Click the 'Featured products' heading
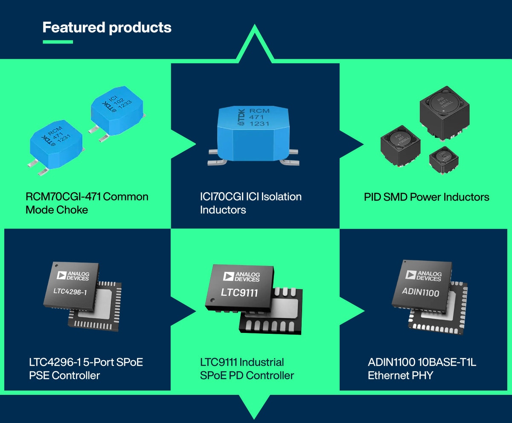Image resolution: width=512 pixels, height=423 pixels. (x=107, y=28)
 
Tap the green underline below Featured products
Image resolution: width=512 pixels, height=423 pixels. (x=58, y=42)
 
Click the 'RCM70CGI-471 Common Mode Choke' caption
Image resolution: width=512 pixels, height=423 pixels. (x=87, y=203)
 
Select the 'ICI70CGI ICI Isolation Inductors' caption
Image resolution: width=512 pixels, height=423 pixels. (x=250, y=203)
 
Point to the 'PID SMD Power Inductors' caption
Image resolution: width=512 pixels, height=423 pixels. (x=426, y=197)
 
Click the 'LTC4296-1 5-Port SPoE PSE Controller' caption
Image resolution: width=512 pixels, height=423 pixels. (x=84, y=369)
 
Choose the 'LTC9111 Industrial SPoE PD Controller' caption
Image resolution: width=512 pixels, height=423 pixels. (x=247, y=369)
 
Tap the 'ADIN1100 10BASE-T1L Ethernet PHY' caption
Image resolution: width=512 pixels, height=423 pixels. (x=422, y=369)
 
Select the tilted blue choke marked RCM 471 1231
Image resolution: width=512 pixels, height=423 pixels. (x=57, y=145)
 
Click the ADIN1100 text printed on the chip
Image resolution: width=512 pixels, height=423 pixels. (x=420, y=293)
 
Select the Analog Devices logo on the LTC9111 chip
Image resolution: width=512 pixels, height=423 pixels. (x=241, y=276)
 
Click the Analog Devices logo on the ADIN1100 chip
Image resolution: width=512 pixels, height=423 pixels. (x=423, y=276)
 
